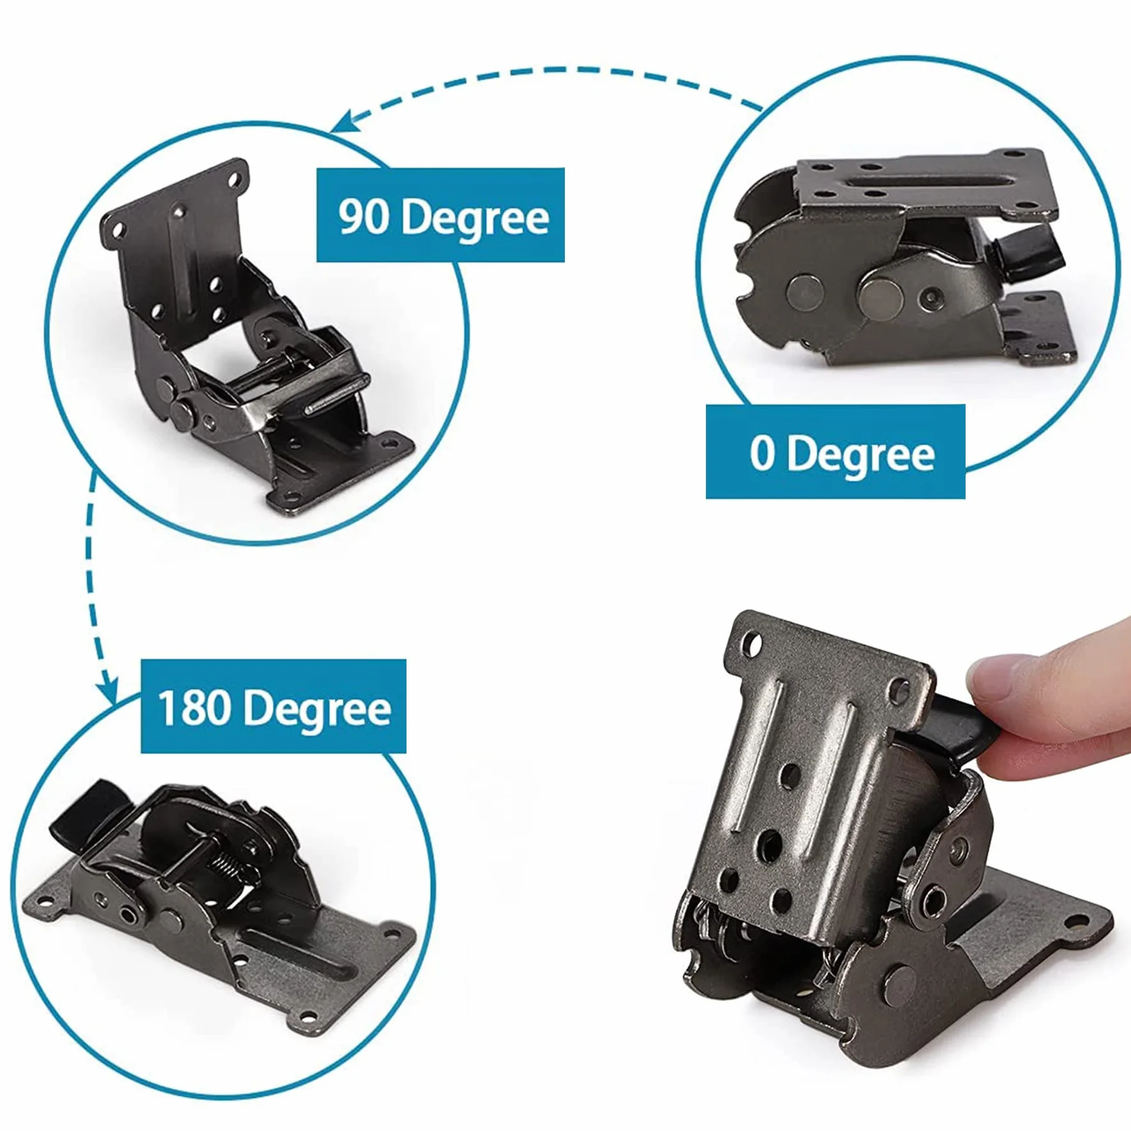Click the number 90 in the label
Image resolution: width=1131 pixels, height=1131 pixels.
pos(364,217)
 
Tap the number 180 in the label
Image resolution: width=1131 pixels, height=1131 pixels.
pos(193,708)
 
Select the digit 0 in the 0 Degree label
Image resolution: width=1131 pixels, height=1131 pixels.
pos(762,453)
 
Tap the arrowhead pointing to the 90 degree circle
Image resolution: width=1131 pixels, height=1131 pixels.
pos(349,120)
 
